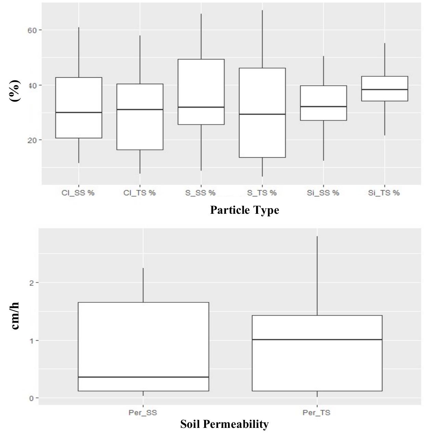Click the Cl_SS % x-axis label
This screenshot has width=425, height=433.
pos(78,193)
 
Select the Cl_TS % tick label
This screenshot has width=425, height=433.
pos(140,193)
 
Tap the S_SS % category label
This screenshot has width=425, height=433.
pos(201,193)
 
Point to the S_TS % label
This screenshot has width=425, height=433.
pos(262,193)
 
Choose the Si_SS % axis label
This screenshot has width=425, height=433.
pos(323,193)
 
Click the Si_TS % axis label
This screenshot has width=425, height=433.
pos(384,193)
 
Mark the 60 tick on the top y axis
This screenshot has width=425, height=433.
pos(32,30)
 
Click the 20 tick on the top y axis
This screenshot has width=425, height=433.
pos(32,140)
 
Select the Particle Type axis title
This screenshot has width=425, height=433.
pos(244,210)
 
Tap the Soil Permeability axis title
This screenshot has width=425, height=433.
pos(224,424)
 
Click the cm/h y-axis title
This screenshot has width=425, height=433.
pos(15,316)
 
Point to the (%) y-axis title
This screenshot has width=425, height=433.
pos(15,91)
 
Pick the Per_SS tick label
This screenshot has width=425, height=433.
pos(143,412)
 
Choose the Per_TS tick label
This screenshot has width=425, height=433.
pos(317,412)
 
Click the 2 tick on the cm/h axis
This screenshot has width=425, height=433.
pos(32,283)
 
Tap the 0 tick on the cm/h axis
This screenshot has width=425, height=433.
pos(32,398)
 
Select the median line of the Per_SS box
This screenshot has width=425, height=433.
pos(143,377)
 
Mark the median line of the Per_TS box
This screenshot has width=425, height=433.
pos(317,340)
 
